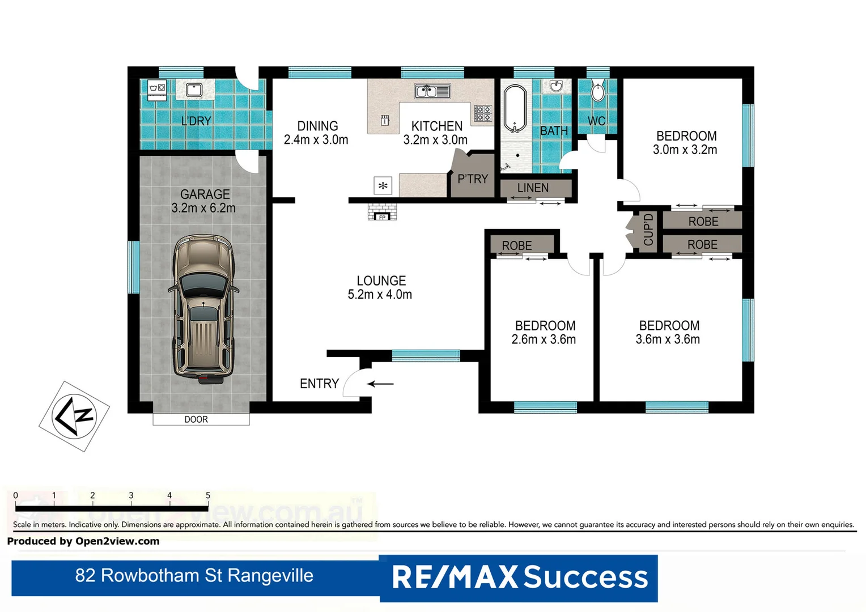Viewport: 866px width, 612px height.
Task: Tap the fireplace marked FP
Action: (382, 212)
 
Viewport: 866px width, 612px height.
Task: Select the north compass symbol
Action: (74, 416)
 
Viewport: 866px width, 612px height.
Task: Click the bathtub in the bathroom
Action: (515, 109)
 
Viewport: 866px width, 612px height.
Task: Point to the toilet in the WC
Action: (597, 92)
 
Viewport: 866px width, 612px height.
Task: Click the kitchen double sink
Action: (432, 91)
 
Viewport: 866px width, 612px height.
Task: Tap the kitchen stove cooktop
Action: (482, 113)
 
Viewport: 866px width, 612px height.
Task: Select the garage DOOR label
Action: (196, 419)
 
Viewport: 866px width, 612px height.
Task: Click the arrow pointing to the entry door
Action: (380, 384)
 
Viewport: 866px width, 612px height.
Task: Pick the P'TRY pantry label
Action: (473, 179)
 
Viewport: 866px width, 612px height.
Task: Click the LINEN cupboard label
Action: (533, 188)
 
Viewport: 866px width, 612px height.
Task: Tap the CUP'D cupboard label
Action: (648, 230)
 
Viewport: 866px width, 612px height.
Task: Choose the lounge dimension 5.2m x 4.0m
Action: (380, 295)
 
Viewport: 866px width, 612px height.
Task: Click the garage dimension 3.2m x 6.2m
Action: (203, 208)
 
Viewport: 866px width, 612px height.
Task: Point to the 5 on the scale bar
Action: (208, 495)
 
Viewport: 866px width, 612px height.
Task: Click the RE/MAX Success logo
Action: (519, 577)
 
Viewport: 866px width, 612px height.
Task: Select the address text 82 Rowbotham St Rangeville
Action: (194, 576)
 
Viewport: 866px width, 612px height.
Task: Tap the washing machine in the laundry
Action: (157, 89)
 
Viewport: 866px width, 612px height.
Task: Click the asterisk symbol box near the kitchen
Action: (383, 186)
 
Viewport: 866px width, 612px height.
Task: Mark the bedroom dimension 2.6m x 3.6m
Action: (544, 339)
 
